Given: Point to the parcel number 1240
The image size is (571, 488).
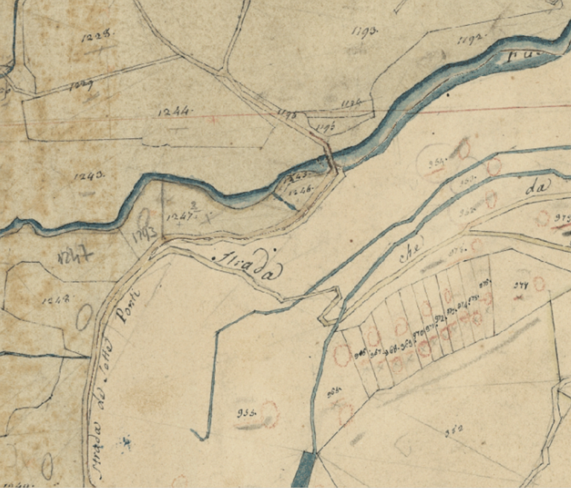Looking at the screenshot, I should [x=89, y=176].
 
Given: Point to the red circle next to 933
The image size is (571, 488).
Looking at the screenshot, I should [x=268, y=414].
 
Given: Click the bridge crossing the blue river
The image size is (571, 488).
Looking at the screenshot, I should [x=329, y=159].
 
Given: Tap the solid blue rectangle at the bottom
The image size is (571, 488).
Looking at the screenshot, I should [x=305, y=470].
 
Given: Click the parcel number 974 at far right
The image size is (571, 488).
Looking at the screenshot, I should [x=520, y=286].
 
